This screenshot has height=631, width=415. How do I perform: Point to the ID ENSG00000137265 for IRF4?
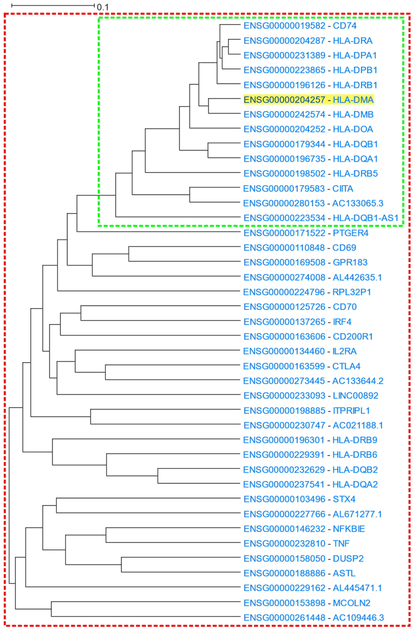(284, 322)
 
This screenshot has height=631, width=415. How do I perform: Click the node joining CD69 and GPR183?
(129, 254)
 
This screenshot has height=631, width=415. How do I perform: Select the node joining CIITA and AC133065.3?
(190, 195)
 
